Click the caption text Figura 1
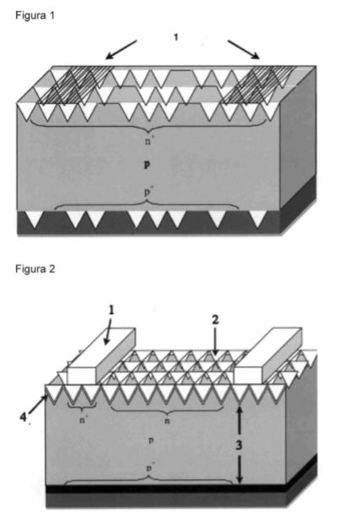pos(35,15)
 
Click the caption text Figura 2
pos(35,269)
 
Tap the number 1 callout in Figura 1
pos(176,37)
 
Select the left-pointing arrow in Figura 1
pos(121,49)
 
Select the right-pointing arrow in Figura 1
pos(244,49)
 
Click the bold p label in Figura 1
pos(147,164)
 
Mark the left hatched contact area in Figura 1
pos(77,85)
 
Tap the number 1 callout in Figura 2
pos(111,311)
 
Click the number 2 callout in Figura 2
pos(215,320)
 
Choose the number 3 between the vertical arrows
pos(238,445)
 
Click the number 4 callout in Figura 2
pos(23,416)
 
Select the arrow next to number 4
pos(37,405)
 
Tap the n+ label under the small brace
pos(83,419)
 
